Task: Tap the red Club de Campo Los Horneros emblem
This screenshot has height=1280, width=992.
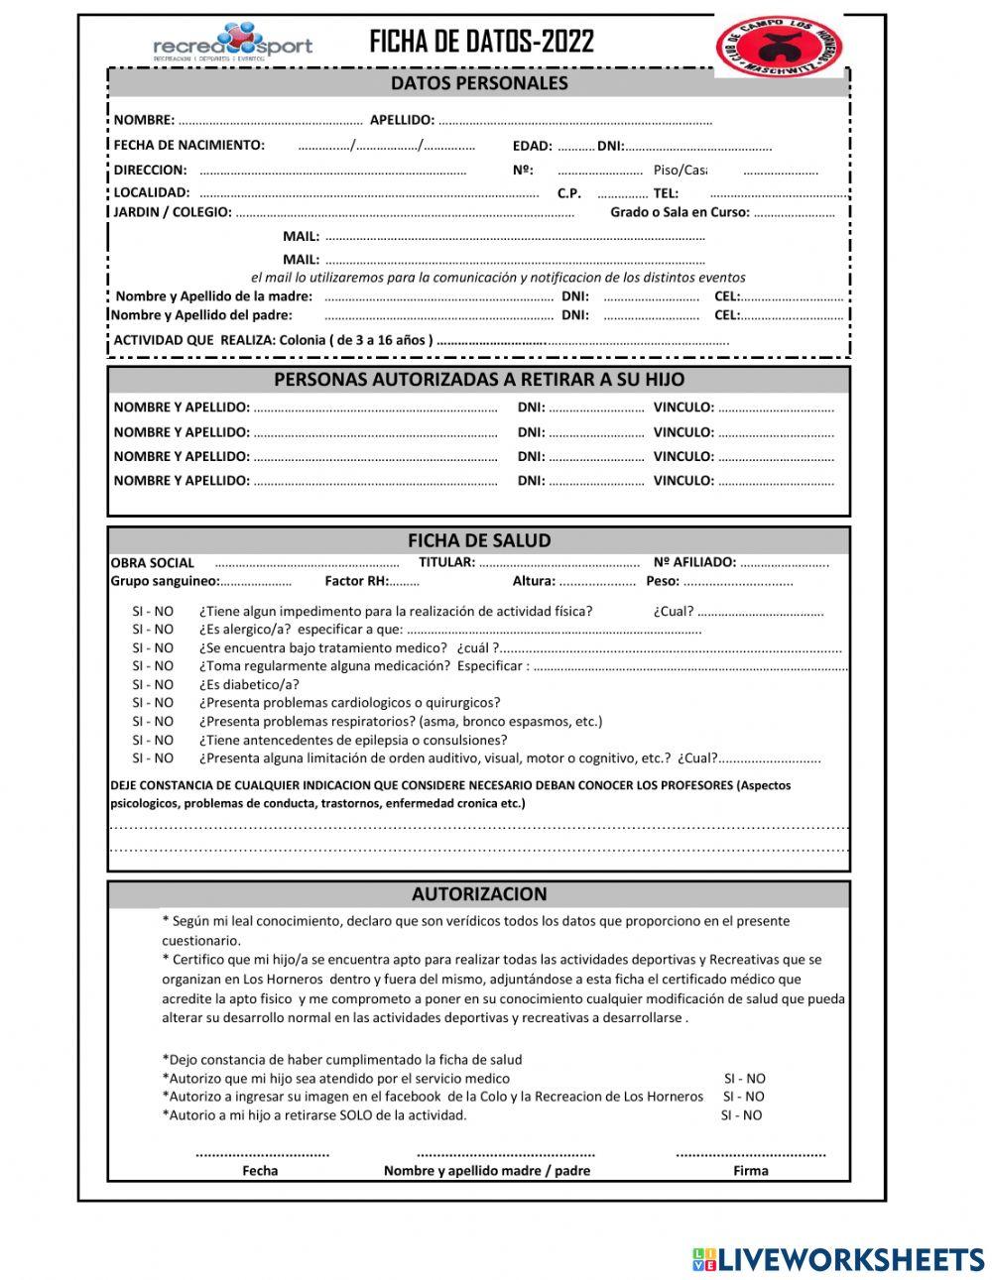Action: (779, 47)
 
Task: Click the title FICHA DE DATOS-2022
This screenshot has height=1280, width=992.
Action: (481, 42)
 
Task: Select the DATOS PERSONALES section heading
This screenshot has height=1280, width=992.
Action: (479, 83)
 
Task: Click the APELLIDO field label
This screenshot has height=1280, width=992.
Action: (402, 120)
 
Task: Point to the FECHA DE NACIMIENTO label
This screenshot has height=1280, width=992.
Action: (188, 145)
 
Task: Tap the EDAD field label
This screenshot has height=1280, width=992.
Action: (532, 146)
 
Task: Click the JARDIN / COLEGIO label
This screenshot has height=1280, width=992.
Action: (172, 212)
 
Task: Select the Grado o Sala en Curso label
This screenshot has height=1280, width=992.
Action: (680, 212)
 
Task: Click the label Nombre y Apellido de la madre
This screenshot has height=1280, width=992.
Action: (213, 296)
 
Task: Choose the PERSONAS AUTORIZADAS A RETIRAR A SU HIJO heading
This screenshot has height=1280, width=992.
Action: (479, 380)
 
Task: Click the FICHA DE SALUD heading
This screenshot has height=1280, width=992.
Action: (479, 540)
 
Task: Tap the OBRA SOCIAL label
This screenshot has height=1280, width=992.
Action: (153, 563)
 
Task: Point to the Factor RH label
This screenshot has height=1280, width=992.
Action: (356, 582)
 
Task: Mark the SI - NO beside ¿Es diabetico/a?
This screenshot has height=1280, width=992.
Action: (153, 685)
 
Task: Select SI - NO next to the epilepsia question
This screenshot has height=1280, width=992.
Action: (153, 741)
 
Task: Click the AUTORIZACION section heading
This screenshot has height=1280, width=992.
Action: (479, 894)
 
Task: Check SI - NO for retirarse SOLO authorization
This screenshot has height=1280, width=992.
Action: (742, 1115)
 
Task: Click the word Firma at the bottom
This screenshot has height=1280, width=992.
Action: (750, 1171)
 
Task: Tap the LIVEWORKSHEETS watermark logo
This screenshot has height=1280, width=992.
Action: (838, 1259)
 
